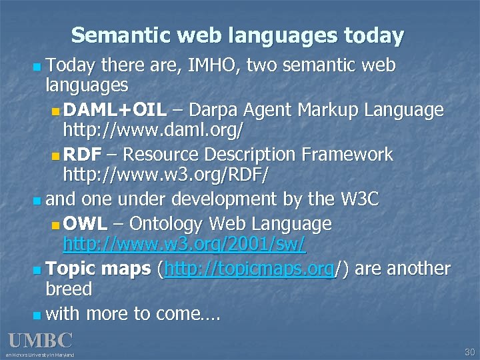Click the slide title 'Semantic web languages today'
(x=237, y=35)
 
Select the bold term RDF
(x=82, y=155)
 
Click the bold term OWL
(x=82, y=223)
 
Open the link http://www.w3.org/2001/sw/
(x=184, y=244)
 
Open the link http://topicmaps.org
(x=249, y=269)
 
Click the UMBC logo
(x=40, y=341)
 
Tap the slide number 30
(x=469, y=351)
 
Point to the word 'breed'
(x=68, y=289)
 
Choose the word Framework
(x=349, y=155)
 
